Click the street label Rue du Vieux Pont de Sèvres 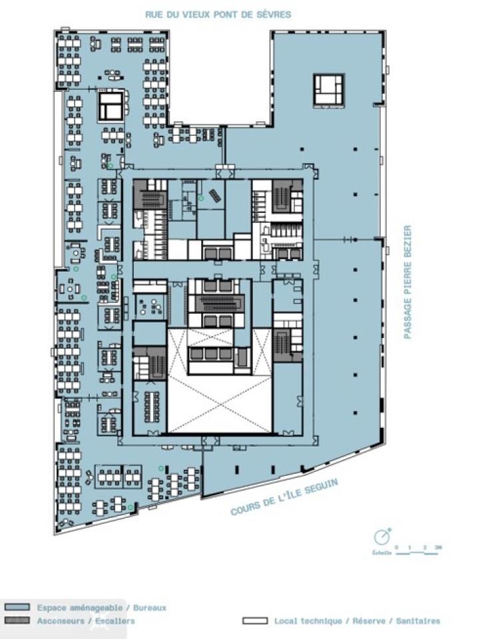tap(218, 14)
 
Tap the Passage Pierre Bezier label tap(407, 283)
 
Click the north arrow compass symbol tap(381, 536)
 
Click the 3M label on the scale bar tap(437, 548)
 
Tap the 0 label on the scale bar tap(396, 548)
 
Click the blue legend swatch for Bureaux tap(17, 608)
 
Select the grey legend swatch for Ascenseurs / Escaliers tap(17, 621)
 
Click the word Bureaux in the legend tap(150, 608)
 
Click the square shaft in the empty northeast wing tap(330, 89)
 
